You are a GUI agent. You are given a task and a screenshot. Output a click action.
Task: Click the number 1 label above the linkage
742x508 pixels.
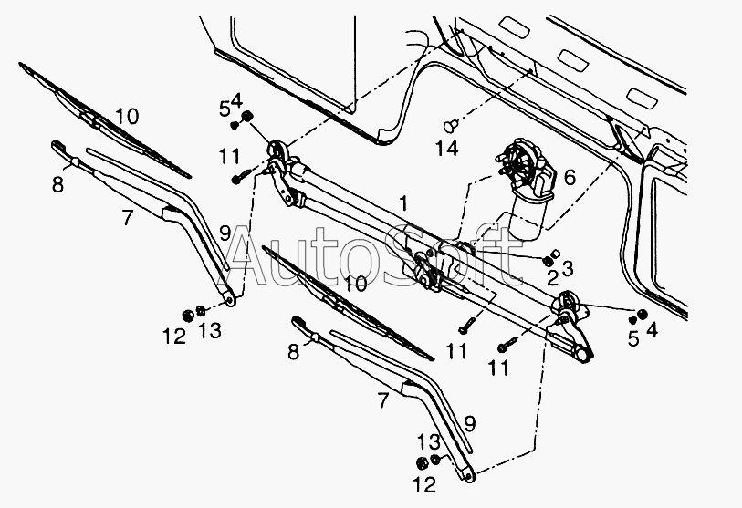(402, 204)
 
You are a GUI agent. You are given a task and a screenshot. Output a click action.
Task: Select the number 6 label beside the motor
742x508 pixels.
(570, 177)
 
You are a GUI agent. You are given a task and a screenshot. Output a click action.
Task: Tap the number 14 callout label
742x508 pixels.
(446, 149)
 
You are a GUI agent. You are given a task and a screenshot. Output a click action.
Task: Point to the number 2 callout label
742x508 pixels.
(552, 278)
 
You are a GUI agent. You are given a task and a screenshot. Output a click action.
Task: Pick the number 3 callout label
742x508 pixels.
(568, 268)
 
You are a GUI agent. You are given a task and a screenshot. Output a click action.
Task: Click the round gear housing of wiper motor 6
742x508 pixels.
(520, 161)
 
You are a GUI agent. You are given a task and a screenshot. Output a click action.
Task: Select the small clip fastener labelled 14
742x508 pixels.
(451, 126)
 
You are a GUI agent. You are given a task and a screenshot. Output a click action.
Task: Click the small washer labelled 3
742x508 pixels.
(557, 253)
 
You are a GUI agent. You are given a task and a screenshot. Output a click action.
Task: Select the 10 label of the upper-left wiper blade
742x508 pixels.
(127, 116)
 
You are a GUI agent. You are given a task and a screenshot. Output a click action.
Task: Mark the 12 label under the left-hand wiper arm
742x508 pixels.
(174, 337)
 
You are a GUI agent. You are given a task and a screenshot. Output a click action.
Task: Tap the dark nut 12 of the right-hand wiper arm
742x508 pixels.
(421, 463)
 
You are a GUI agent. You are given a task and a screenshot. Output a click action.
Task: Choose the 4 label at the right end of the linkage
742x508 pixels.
(652, 329)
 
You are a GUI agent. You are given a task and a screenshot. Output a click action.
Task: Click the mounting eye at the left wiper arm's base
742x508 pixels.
(231, 300)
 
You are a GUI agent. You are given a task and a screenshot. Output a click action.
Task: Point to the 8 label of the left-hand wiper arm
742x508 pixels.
(57, 184)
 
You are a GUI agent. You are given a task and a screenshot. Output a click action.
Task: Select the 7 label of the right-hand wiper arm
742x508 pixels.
(383, 400)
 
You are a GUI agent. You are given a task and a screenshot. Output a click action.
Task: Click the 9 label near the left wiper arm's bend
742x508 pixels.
(225, 233)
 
